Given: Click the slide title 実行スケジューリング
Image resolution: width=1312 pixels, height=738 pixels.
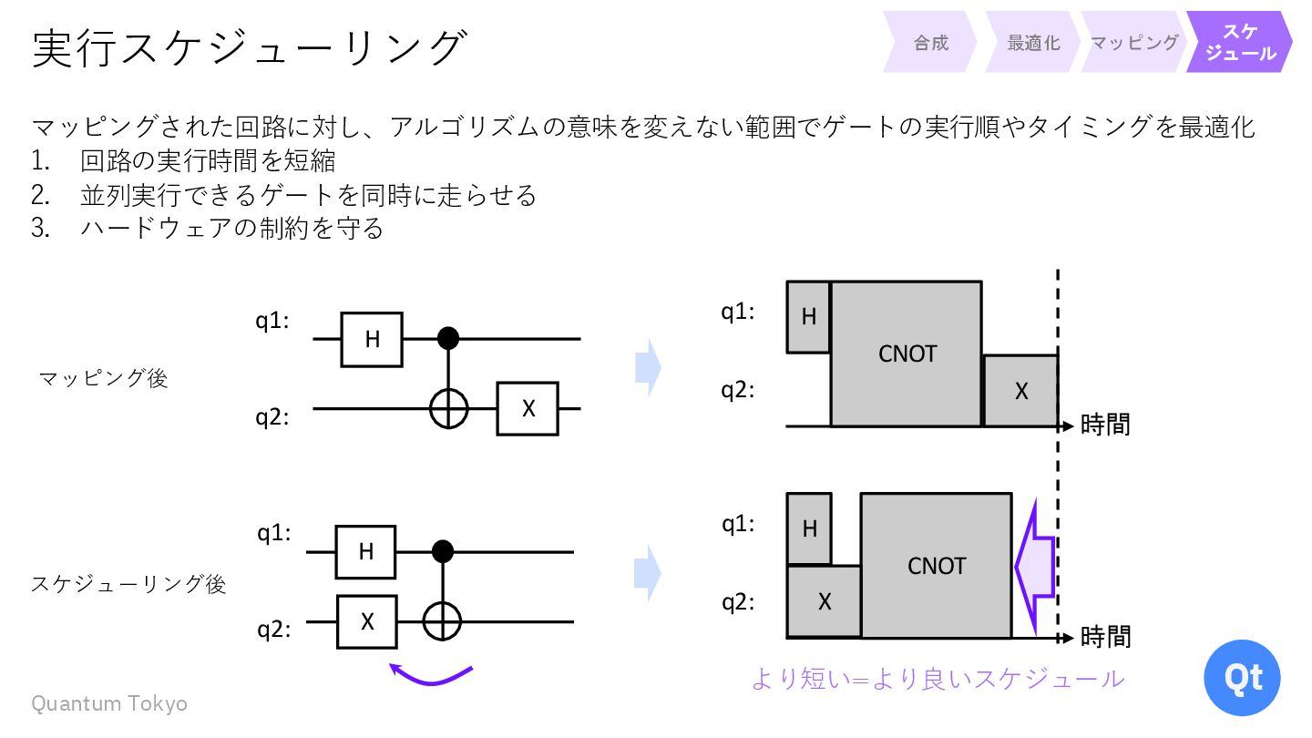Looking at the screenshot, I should click(250, 47).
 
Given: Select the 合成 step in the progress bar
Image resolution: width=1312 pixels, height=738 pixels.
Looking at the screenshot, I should click(930, 43).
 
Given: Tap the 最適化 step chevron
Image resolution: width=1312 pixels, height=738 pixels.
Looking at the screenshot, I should click(1033, 43).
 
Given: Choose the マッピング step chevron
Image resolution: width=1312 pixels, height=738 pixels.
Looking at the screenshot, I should click(1134, 43).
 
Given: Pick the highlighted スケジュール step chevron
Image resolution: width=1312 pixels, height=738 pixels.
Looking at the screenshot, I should click(1239, 43).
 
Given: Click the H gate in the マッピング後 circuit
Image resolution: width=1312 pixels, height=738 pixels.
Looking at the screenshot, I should click(372, 339).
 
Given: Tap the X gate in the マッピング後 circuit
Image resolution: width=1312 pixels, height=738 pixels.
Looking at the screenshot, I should click(528, 409).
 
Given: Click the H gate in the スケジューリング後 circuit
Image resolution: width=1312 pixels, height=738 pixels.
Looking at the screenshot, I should click(365, 552).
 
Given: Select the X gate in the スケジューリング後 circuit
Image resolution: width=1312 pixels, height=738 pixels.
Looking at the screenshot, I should click(367, 621).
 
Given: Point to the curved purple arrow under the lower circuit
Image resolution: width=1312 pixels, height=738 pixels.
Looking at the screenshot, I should click(431, 675).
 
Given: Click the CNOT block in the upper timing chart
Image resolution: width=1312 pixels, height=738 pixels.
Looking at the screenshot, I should click(907, 354).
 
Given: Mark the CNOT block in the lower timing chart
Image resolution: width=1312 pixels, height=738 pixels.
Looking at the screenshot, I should click(936, 566).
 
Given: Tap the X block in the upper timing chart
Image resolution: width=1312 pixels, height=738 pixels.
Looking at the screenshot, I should click(1020, 391).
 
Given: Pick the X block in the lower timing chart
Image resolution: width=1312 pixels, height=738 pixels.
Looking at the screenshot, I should click(824, 601).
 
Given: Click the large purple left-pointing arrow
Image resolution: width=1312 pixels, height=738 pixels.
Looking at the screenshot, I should click(1035, 565).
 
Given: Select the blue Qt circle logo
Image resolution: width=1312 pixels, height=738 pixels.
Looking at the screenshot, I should click(1241, 678).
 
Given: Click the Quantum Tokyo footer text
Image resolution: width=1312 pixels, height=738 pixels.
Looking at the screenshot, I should click(109, 703).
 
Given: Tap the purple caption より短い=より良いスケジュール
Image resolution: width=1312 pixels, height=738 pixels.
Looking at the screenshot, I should click(938, 679).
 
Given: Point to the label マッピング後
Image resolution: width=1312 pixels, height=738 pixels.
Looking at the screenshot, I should click(104, 378).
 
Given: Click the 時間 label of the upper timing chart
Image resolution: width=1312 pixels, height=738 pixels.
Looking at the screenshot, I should click(1105, 425).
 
